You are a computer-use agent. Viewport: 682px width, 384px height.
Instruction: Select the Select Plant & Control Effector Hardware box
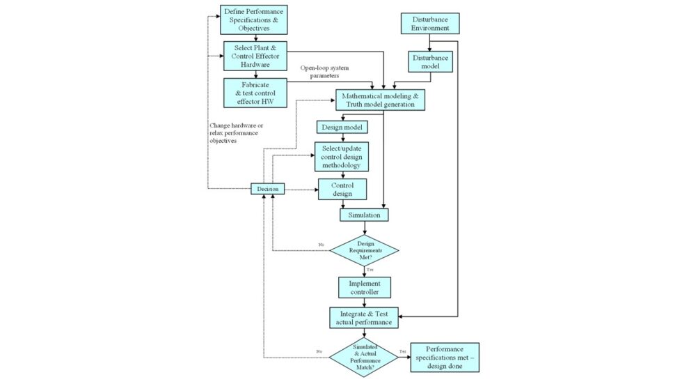(x=255, y=56)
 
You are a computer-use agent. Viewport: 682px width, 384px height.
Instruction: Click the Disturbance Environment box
(x=429, y=23)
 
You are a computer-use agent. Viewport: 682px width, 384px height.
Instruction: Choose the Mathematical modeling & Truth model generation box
(x=379, y=100)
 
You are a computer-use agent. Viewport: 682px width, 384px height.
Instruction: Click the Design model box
(x=342, y=128)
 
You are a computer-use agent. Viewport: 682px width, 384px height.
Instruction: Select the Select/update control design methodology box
(x=341, y=157)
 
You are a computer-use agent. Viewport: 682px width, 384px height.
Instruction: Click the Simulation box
(x=364, y=215)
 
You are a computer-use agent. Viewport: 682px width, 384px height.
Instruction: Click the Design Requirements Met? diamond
(x=364, y=249)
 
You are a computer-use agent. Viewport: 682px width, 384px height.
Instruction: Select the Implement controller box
(x=364, y=288)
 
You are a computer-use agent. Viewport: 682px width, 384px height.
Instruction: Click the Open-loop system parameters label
(x=324, y=72)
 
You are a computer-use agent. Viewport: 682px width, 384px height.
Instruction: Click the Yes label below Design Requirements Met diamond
(x=370, y=269)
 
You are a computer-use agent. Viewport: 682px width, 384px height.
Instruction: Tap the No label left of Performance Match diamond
(x=320, y=352)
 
